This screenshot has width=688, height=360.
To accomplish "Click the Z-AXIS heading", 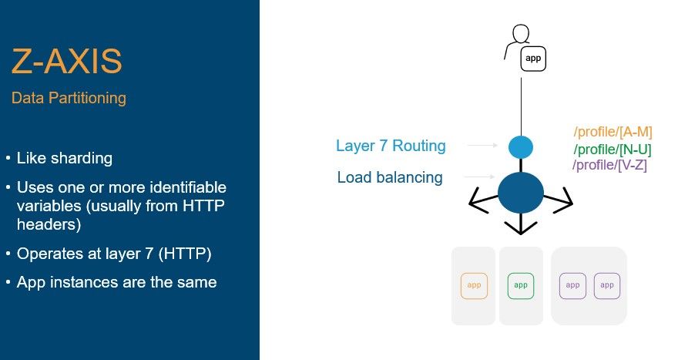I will pos(66,63).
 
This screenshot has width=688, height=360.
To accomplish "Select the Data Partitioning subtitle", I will pos(69,99).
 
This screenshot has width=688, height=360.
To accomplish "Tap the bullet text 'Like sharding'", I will pos(65,159).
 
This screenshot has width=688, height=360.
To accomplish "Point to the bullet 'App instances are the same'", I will pos(116,282).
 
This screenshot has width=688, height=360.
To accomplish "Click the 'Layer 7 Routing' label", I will pos(391,145).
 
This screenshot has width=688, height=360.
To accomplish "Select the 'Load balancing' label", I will pos(390,177).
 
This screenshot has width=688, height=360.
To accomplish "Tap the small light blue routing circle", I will pos(521,146).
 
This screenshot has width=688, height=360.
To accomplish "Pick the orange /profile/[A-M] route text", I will pos(613,132).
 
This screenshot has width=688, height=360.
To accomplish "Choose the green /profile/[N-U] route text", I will pos(613,150).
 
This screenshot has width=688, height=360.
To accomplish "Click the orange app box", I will pos(475,285).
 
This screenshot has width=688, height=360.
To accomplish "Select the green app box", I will pos(521,285).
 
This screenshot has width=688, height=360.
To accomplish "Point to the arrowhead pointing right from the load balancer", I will pos(568,203).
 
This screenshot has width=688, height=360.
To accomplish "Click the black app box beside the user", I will pos(533,58).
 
